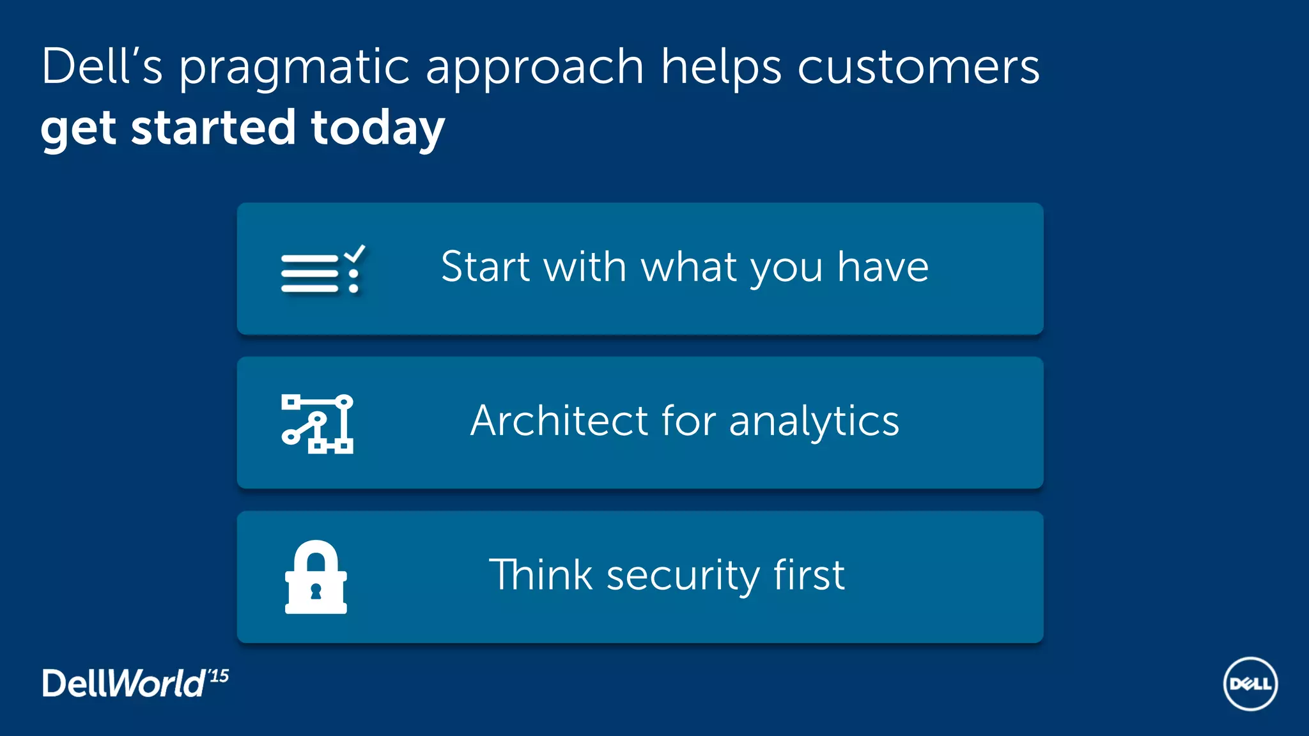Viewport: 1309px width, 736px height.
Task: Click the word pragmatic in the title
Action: [x=293, y=68]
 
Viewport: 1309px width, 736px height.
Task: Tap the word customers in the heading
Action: [x=918, y=66]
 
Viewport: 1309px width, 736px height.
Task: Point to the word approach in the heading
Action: [x=534, y=68]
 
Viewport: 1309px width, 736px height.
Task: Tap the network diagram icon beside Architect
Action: [x=318, y=424]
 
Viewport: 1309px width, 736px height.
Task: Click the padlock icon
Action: [x=316, y=578]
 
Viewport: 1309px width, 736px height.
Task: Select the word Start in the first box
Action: [x=485, y=266]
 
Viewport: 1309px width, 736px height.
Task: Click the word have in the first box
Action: [x=883, y=266]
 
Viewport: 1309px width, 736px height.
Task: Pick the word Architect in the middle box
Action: [x=559, y=420]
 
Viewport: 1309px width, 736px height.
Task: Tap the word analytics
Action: [x=814, y=422]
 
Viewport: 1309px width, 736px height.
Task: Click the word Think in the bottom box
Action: [x=541, y=574]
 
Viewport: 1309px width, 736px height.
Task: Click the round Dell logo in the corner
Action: [x=1250, y=684]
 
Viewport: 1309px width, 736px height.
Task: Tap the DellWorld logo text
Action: [x=123, y=684]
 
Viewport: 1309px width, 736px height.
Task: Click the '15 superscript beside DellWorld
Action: [x=218, y=676]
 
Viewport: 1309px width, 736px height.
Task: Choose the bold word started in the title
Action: [x=213, y=127]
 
